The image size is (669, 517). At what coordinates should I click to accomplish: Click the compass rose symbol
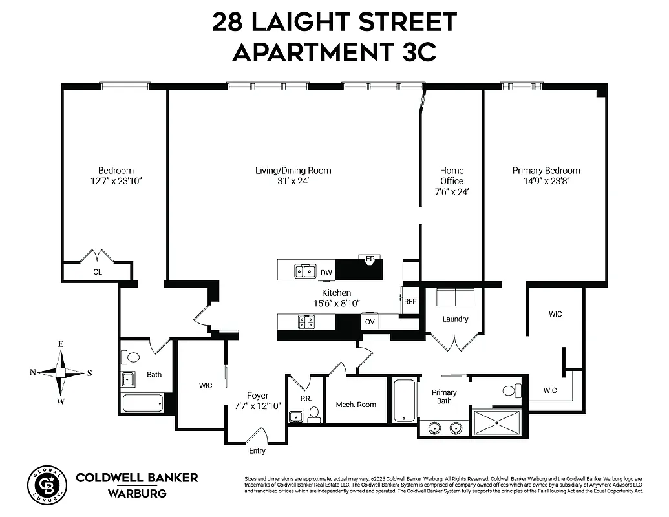60,372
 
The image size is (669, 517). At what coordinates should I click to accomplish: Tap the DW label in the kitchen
326,273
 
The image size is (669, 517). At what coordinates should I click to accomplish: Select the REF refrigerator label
410,301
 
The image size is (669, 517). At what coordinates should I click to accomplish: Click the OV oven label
370,321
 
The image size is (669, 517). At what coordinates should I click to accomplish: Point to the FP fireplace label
370,258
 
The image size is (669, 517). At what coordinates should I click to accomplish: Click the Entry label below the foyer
257,451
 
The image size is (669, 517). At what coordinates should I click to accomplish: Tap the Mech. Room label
356,405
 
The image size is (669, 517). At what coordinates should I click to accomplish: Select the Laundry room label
455,319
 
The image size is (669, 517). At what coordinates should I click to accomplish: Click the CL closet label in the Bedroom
98,272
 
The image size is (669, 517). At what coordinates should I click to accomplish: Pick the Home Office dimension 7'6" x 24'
452,192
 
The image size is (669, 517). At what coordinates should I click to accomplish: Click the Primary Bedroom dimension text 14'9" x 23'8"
546,181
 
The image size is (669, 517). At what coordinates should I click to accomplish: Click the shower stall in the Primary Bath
496,422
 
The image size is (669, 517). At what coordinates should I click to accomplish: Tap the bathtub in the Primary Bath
404,400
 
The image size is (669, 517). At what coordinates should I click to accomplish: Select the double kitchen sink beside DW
304,271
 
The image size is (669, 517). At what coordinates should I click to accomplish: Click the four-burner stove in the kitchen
306,321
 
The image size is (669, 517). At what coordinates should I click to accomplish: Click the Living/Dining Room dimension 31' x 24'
293,181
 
